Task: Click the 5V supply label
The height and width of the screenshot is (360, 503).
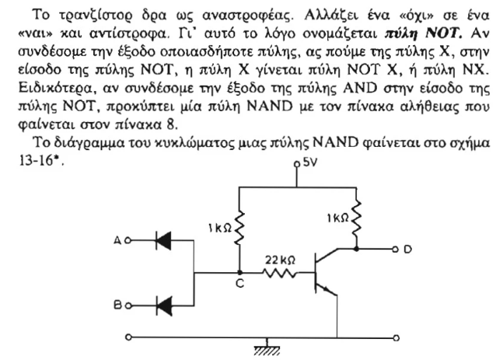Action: pyautogui.click(x=310, y=163)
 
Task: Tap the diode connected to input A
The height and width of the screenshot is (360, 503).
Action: pyautogui.click(x=163, y=240)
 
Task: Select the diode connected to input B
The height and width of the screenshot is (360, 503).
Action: pyautogui.click(x=163, y=306)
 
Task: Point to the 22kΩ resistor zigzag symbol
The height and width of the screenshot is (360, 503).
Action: pyautogui.click(x=280, y=274)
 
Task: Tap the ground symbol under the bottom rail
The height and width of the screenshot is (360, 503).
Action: pyautogui.click(x=267, y=350)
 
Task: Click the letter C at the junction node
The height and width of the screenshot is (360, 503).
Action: pyautogui.click(x=239, y=283)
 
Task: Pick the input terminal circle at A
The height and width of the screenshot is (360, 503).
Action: pyautogui.click(x=127, y=240)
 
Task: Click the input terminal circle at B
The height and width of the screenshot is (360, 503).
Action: pyautogui.click(x=128, y=306)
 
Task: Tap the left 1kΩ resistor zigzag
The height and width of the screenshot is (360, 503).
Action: pyautogui.click(x=239, y=228)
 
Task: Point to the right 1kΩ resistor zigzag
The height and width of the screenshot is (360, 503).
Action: pyautogui.click(x=356, y=217)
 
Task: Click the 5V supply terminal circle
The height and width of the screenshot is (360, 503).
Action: pyautogui.click(x=297, y=164)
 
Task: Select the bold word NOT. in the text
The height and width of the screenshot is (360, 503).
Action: pyautogui.click(x=444, y=33)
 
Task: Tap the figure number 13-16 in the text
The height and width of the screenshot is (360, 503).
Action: pyautogui.click(x=36, y=160)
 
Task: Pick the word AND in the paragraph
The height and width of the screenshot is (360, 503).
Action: pyautogui.click(x=360, y=88)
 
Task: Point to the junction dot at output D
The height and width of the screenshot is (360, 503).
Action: pyautogui.click(x=356, y=249)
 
